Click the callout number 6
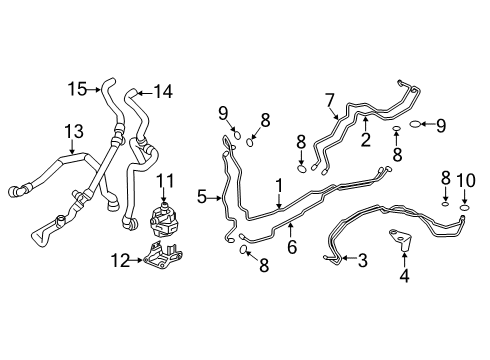[x=291, y=246]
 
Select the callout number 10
[x=464, y=180]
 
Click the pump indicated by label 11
[x=160, y=219]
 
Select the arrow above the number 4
[x=403, y=254]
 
